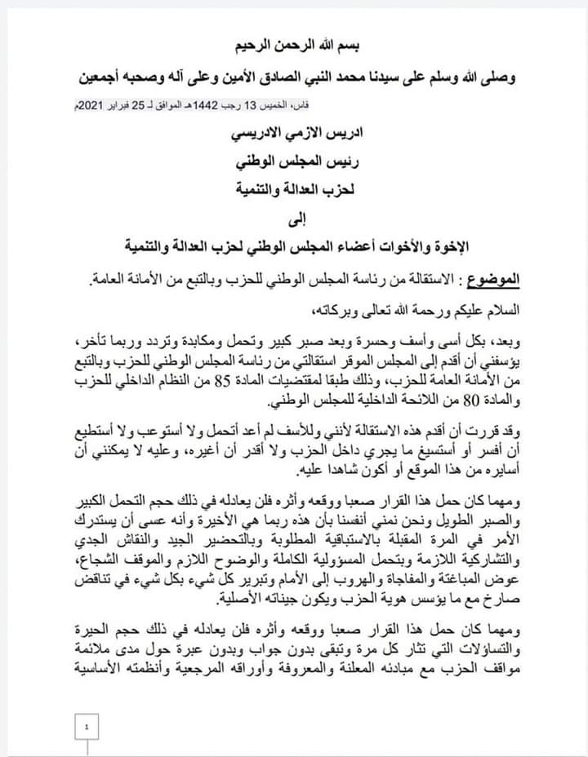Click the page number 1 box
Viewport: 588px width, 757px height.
point(87,724)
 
